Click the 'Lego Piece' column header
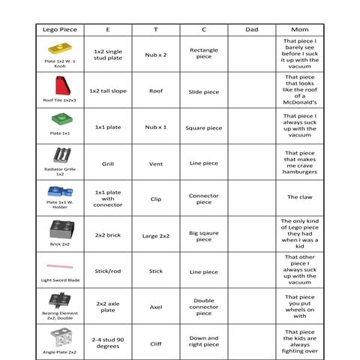coord(59,29)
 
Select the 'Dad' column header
coord(252,29)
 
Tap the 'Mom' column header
coord(299,29)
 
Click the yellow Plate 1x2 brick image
coord(59,49)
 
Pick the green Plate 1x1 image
coord(59,120)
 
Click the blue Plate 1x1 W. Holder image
coord(59,191)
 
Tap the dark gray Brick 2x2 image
coord(60,229)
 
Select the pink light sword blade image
coord(59,265)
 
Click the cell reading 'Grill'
coord(108,163)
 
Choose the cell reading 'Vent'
coord(155,163)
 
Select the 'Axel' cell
coord(155,307)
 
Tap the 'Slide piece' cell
coord(203,91)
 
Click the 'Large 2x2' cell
coord(155,235)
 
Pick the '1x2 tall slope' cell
coord(108,91)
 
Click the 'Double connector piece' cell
coord(203,307)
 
